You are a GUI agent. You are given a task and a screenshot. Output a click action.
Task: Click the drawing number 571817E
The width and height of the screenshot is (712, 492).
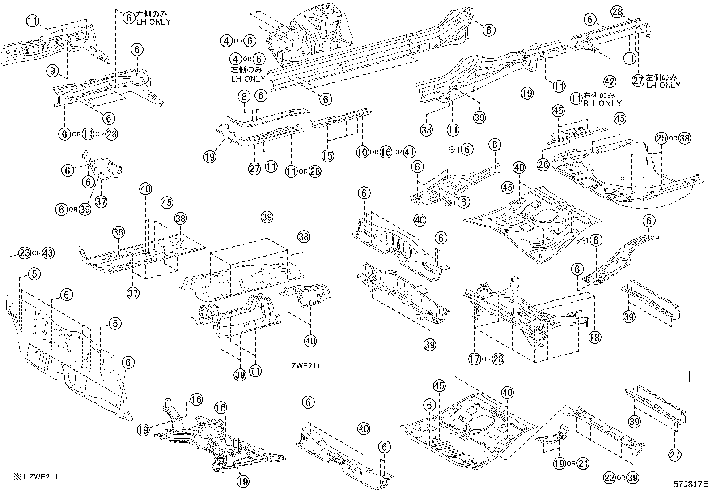[691, 484]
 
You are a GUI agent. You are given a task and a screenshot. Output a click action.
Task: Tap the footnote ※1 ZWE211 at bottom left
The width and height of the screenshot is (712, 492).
[30, 477]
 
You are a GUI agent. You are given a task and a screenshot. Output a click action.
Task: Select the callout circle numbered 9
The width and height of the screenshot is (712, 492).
[53, 70]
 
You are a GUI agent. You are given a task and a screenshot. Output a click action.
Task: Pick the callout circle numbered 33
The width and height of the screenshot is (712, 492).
[426, 130]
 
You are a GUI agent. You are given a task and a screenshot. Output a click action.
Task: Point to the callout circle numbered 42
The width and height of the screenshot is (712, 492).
[610, 81]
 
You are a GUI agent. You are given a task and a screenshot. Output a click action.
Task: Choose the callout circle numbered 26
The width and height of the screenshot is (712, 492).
[543, 165]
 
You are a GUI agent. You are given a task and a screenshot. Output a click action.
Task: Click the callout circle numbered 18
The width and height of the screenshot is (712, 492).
[594, 337]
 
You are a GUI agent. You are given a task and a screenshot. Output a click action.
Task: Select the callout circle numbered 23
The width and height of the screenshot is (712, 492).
[25, 253]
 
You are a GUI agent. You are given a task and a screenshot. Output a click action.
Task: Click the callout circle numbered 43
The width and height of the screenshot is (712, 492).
[48, 253]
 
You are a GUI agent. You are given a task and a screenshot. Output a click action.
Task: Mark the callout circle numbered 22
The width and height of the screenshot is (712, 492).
[610, 478]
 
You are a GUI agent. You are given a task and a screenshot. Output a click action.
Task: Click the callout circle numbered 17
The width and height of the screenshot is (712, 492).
[475, 359]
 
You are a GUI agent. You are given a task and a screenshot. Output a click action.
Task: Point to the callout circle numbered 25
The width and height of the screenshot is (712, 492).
[661, 138]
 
